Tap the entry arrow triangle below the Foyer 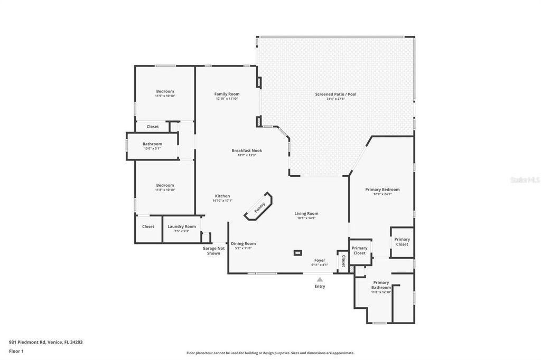point(320,279)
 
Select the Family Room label point(227,94)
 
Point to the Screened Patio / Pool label point(335,94)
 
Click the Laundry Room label point(182,226)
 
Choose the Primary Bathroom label point(381,285)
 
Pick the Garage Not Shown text point(213,251)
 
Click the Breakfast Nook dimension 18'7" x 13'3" point(247,155)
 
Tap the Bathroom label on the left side point(152,144)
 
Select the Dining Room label point(243,243)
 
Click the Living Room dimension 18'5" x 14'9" point(306,218)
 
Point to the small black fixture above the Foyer point(298,252)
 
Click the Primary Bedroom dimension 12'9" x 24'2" point(383,194)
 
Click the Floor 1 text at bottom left point(17,351)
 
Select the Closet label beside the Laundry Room point(148,226)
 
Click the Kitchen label point(222,196)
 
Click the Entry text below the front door point(320,287)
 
